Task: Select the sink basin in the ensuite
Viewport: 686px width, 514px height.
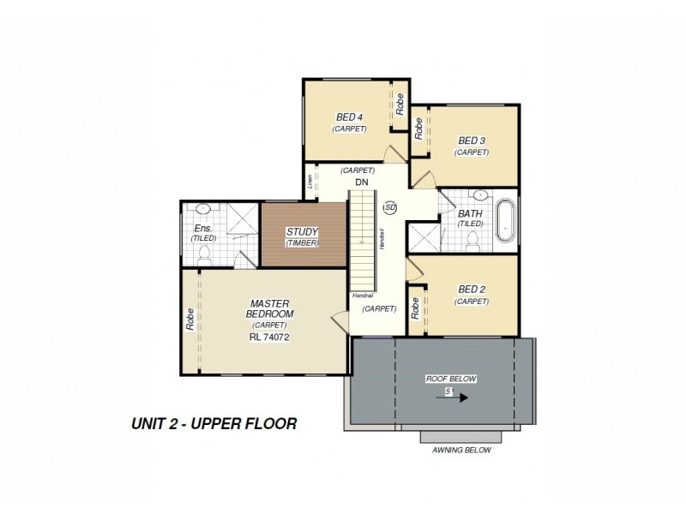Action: click(204, 209)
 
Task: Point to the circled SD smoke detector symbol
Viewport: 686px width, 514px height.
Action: click(390, 207)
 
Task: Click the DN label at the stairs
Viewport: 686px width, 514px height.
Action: click(361, 182)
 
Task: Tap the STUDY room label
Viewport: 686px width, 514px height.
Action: click(302, 231)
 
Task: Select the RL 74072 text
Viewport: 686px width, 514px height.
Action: click(268, 337)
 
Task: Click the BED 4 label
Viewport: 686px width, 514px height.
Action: click(349, 117)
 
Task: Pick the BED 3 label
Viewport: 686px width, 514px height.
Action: click(472, 140)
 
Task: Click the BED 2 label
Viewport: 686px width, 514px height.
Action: click(472, 290)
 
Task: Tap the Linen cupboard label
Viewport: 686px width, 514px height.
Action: click(310, 182)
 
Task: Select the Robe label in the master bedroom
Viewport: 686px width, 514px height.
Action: click(190, 319)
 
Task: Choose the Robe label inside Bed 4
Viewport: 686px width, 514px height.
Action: click(400, 105)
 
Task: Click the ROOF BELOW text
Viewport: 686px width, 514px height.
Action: click(450, 378)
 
